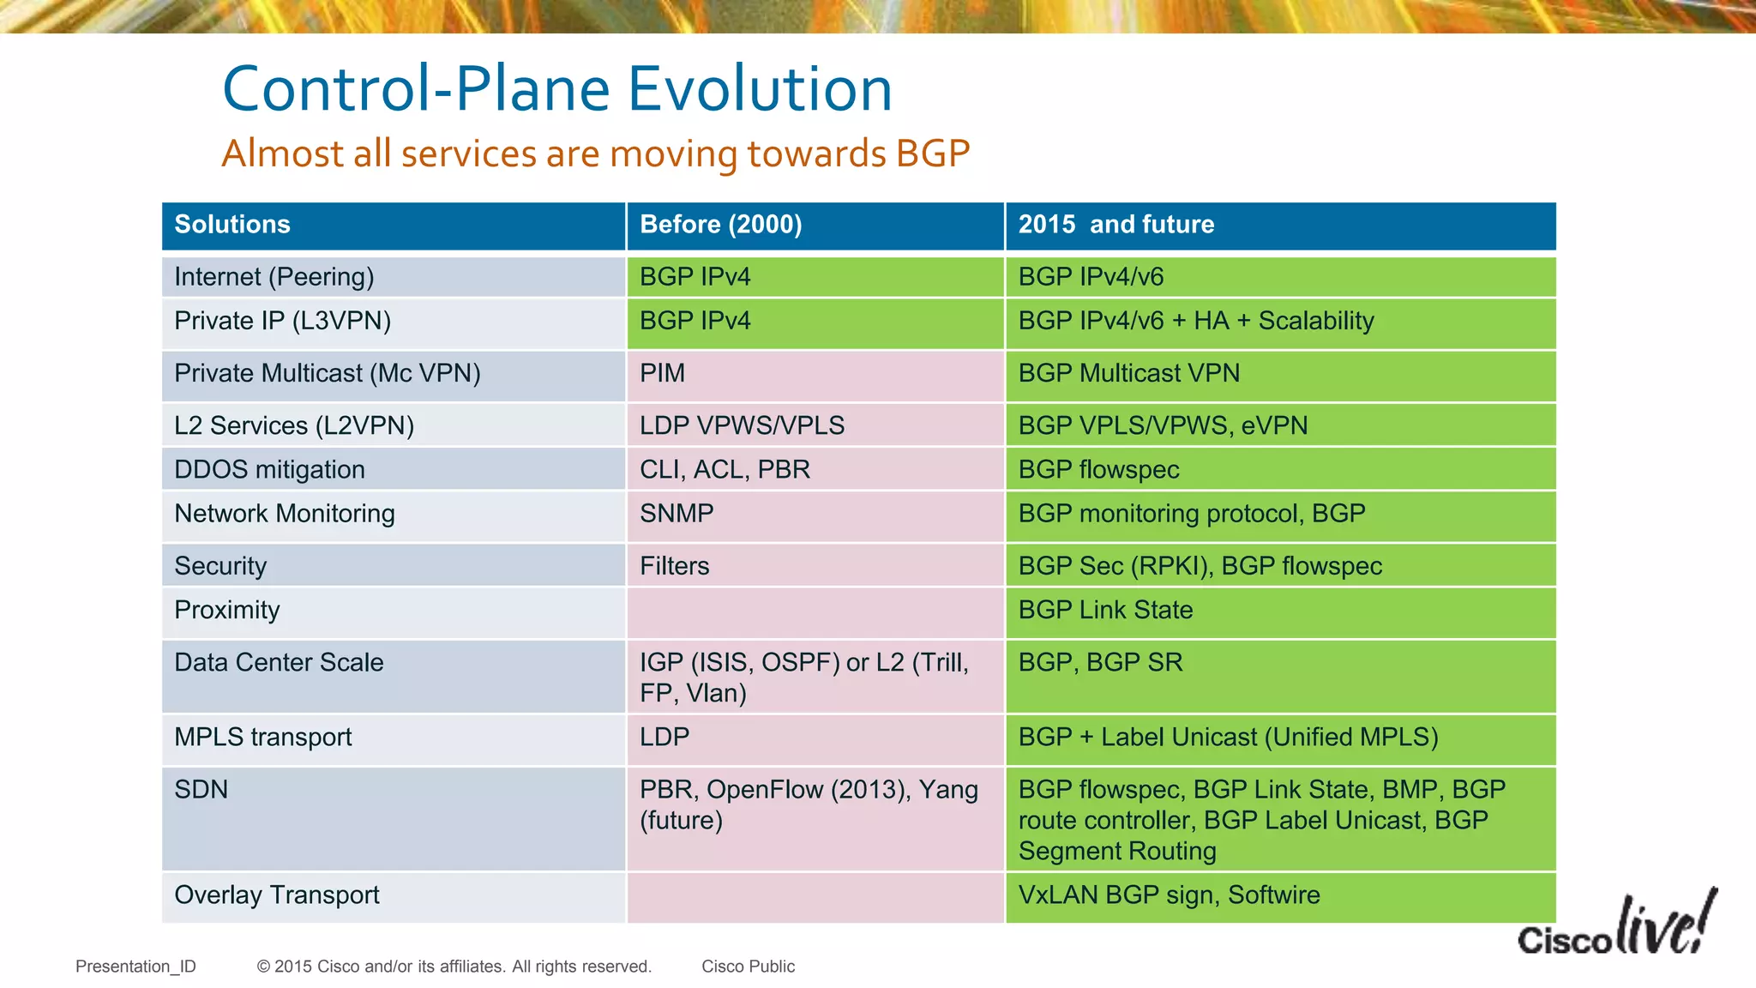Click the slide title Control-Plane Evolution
point(557,89)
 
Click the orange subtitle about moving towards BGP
point(595,154)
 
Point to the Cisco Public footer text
point(748,967)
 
